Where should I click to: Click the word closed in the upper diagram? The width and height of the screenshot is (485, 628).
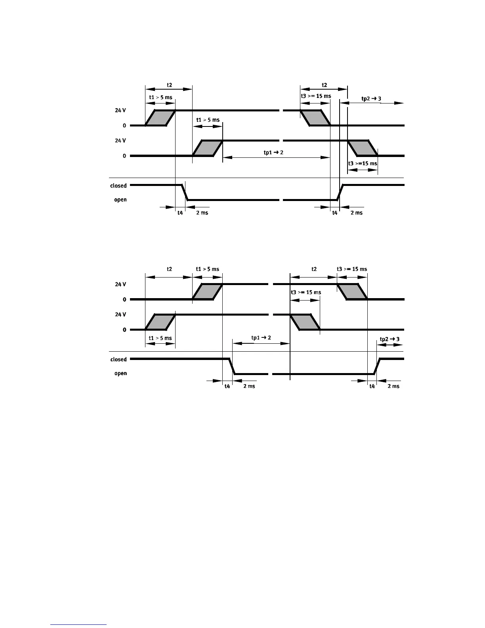118,186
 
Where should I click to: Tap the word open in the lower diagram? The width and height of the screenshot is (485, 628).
120,373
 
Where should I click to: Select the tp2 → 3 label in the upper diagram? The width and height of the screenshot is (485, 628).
371,99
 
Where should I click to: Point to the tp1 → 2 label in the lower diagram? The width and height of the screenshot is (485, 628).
261,338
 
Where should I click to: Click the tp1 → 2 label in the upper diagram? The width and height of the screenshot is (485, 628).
273,152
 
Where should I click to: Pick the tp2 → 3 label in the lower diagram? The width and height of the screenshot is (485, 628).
390,339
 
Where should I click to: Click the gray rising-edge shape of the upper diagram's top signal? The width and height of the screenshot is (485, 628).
160,118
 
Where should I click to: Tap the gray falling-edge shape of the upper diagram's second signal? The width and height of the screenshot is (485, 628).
363,148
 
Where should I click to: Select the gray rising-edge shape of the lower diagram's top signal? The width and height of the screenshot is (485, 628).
207,292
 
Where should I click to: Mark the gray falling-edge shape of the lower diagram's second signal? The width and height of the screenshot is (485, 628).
305,322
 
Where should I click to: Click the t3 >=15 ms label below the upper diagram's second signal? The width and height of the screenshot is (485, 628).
362,163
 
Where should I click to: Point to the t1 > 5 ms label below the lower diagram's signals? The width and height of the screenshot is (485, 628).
160,338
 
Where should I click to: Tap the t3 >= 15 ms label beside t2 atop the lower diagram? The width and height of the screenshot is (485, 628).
352,269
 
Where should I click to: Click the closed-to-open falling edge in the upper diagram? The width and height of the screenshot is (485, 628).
185,192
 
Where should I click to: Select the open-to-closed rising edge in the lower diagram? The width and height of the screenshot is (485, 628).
377,366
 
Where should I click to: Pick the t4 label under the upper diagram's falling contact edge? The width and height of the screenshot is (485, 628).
180,213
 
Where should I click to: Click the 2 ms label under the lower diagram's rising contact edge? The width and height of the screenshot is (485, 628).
393,386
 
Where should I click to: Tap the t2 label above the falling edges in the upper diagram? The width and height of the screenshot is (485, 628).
324,85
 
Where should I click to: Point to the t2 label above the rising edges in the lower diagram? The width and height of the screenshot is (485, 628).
169,269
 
